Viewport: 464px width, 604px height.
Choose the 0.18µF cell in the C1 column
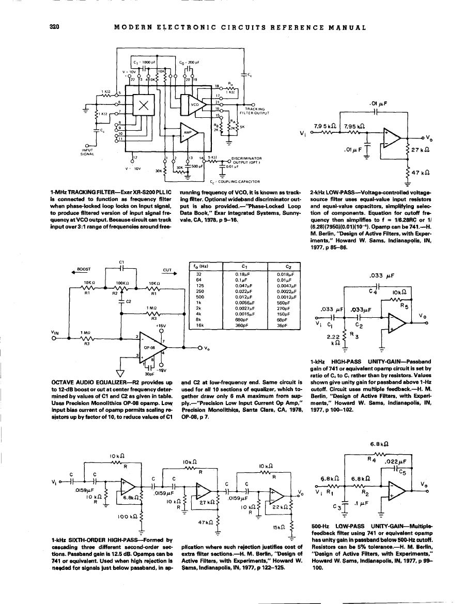(x=242, y=274)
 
